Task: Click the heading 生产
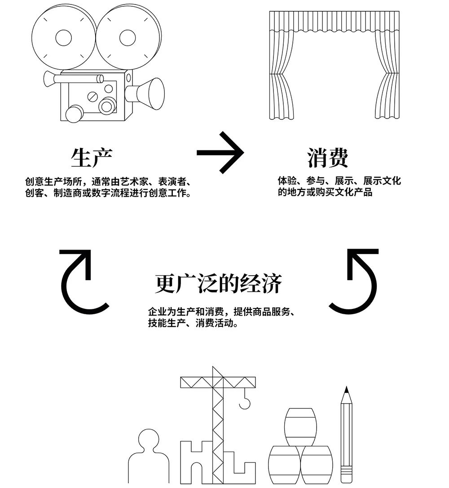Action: point(92,157)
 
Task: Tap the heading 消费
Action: point(328,157)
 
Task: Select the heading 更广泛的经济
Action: point(219,283)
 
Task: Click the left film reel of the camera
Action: point(63,37)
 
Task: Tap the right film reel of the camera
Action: point(128,37)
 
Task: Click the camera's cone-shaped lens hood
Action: point(152,93)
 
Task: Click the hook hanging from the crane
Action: point(245,401)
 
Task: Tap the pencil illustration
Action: point(346,435)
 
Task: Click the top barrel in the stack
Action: point(300,427)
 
